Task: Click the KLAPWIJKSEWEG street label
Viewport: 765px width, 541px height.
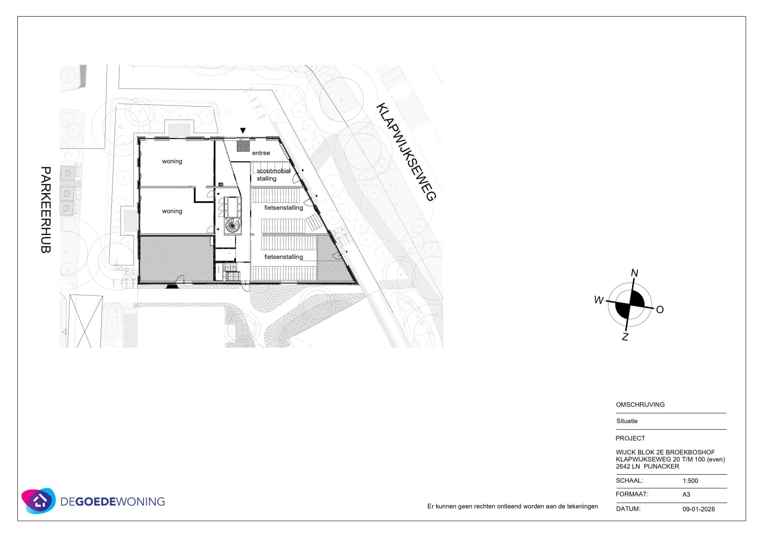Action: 406,152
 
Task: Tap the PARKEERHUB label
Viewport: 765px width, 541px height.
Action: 46,209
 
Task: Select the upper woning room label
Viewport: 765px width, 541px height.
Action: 172,161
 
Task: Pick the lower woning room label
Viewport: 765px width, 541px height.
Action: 172,211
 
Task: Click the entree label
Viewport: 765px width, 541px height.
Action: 261,153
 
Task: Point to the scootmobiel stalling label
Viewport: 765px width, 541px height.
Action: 273,175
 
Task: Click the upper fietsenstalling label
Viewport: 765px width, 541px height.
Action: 283,208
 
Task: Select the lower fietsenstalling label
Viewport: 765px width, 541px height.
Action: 283,257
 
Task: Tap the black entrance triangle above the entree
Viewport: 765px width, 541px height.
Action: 243,130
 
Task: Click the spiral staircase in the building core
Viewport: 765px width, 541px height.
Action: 232,226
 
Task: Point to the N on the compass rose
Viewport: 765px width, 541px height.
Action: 635,273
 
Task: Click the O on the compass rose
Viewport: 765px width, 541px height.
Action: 660,310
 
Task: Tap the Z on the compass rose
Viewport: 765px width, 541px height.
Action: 625,337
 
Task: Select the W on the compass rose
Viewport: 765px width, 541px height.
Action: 599,300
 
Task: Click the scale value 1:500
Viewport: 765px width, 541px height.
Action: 690,481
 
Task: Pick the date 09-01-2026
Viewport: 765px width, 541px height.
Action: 699,509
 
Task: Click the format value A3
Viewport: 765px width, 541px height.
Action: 686,494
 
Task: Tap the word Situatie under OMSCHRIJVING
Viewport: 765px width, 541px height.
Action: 627,421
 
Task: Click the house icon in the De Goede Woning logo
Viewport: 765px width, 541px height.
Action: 40,500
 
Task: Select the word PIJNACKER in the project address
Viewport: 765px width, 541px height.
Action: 662,466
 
